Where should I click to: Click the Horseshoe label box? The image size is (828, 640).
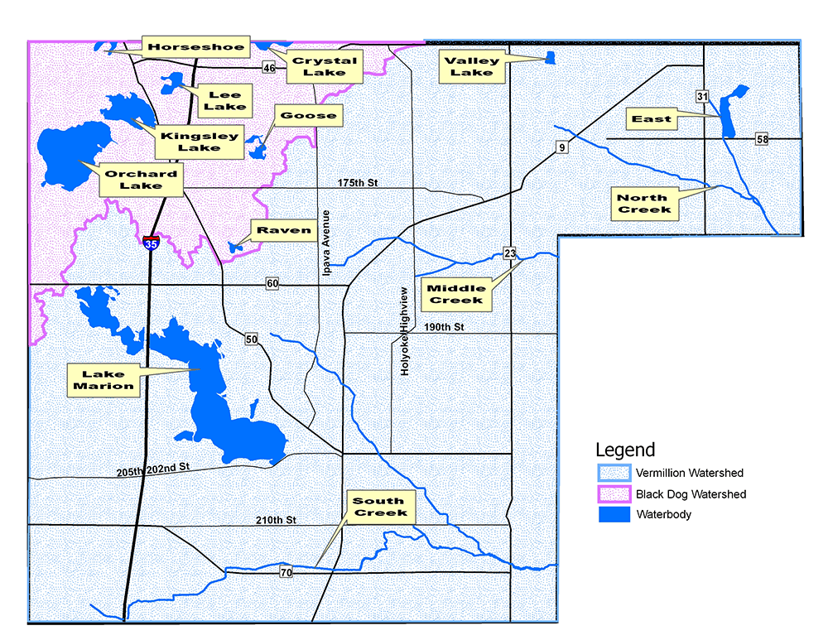[196, 47]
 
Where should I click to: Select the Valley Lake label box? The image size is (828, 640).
[471, 66]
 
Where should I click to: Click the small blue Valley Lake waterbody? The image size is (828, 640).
[550, 57]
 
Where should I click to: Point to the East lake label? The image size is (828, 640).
[652, 119]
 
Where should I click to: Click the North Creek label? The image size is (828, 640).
[642, 204]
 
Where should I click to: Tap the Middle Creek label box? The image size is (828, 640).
[456, 293]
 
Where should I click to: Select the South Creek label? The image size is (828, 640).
[379, 507]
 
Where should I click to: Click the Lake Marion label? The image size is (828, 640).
[103, 380]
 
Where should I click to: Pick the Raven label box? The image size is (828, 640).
[284, 231]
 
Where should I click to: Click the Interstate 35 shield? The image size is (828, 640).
[151, 242]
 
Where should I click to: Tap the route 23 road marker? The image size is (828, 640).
[510, 253]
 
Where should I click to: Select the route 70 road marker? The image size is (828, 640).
[286, 572]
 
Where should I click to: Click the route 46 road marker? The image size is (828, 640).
[269, 67]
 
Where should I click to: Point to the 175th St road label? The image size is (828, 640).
[357, 182]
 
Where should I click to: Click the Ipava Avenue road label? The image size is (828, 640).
[326, 233]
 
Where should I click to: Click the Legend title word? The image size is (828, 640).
[625, 450]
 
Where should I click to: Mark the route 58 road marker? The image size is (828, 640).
[762, 139]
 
